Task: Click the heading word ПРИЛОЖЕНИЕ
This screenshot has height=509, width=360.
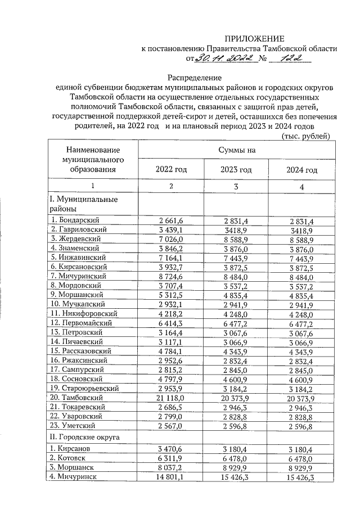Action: [x=255, y=39]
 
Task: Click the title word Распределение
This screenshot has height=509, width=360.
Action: [x=195, y=78]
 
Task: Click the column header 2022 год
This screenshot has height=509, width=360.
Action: [x=171, y=169]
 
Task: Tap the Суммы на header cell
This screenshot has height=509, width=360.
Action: [x=237, y=150]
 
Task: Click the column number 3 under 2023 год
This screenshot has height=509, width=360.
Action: [x=236, y=187]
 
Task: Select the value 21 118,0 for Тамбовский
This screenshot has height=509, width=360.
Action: [x=171, y=398]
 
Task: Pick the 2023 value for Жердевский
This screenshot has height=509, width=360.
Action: [x=236, y=238]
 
